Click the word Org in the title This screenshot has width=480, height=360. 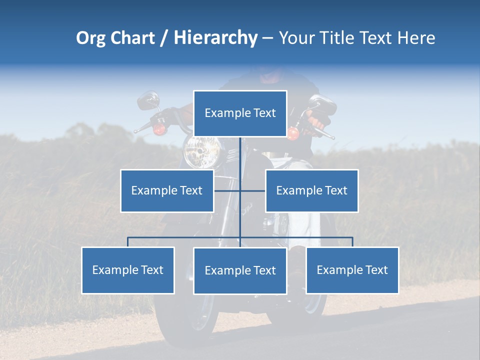click(x=90, y=38)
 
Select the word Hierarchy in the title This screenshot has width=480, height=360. click(x=215, y=38)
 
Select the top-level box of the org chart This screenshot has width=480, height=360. click(x=240, y=113)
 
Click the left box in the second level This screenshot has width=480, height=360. click(x=167, y=190)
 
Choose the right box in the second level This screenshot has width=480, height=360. click(x=311, y=190)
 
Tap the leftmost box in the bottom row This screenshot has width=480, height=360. click(x=128, y=270)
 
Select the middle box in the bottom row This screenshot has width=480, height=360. click(x=240, y=270)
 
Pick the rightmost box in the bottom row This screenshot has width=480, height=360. click(x=352, y=270)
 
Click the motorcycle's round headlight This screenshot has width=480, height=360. click(x=202, y=150)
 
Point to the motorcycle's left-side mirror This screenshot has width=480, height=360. click(x=148, y=100)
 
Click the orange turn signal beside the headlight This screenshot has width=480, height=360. click(x=159, y=129)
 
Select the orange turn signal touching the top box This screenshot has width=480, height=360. click(x=293, y=132)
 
